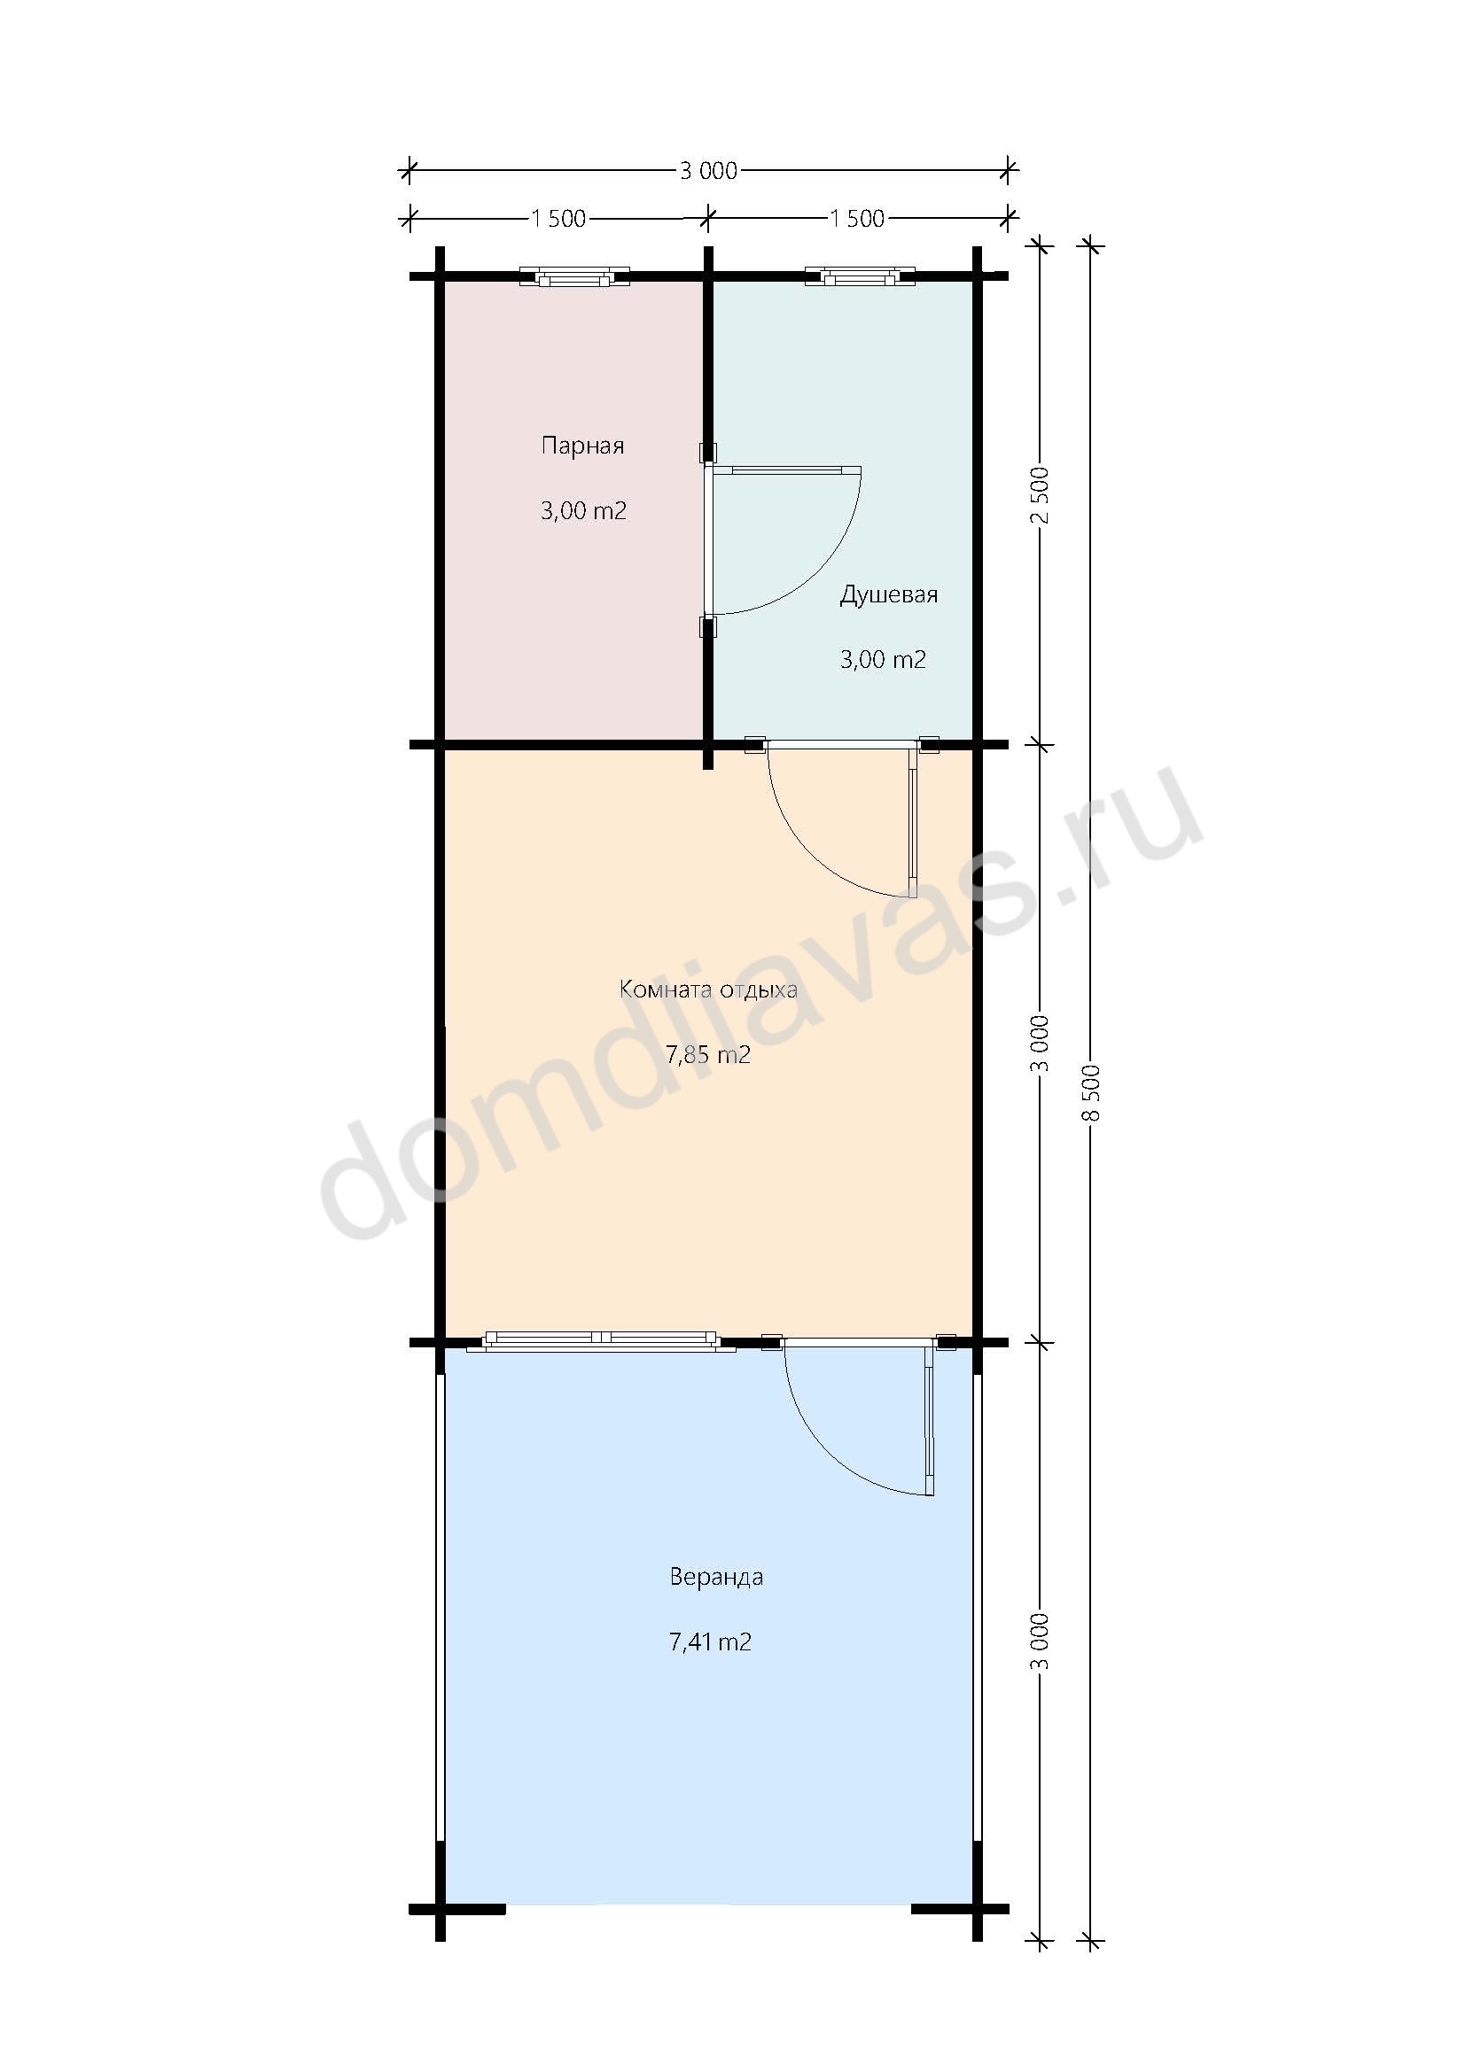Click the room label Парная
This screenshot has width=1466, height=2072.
(582, 446)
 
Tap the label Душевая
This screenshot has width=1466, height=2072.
(889, 594)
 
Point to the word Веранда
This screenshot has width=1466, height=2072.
(716, 1577)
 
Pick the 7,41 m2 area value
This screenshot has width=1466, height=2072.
(711, 1641)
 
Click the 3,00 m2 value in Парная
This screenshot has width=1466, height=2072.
(583, 511)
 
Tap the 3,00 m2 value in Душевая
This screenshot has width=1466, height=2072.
(883, 660)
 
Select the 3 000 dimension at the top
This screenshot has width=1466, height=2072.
(709, 171)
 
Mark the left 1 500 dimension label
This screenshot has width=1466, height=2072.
(558, 219)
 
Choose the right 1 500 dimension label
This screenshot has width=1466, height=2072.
(858, 219)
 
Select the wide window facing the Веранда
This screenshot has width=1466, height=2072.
(601, 1341)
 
